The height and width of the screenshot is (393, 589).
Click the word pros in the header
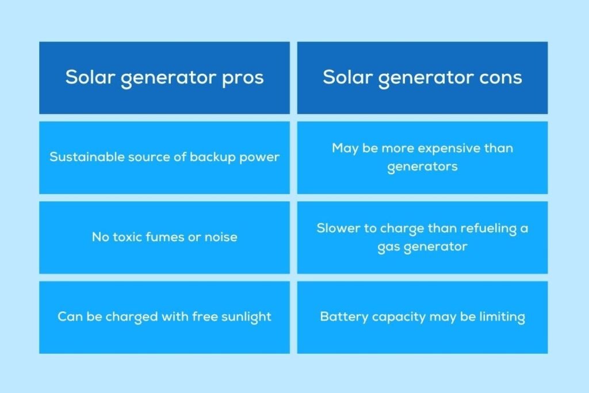point(243,79)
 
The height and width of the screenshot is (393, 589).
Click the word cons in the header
point(500,78)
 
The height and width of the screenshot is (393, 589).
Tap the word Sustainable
point(87,157)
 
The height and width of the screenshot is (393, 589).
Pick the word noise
point(221,237)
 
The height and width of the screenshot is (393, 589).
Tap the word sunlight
point(246,316)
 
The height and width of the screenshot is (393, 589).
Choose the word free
point(205,316)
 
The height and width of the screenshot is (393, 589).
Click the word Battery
point(344,316)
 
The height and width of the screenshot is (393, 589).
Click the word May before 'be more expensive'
point(345,148)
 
